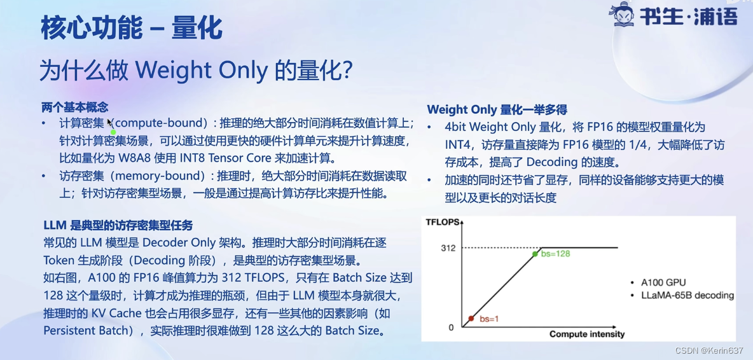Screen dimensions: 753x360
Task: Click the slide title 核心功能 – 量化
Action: pyautogui.click(x=131, y=28)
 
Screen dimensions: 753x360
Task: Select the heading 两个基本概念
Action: pyautogui.click(x=75, y=107)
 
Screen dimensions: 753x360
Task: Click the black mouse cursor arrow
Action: pyautogui.click(x=110, y=123)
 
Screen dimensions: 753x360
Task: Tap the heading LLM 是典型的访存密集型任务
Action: pyautogui.click(x=118, y=225)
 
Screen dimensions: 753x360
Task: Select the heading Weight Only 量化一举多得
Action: pyautogui.click(x=497, y=109)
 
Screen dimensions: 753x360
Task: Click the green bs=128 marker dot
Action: pyautogui.click(x=535, y=253)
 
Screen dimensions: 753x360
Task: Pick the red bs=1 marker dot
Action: pyautogui.click(x=471, y=318)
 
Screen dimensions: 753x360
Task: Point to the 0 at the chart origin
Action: pyautogui.click(x=451, y=328)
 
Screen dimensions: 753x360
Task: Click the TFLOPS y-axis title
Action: pyautogui.click(x=443, y=222)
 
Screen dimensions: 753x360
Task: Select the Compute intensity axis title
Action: pyautogui.click(x=587, y=334)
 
